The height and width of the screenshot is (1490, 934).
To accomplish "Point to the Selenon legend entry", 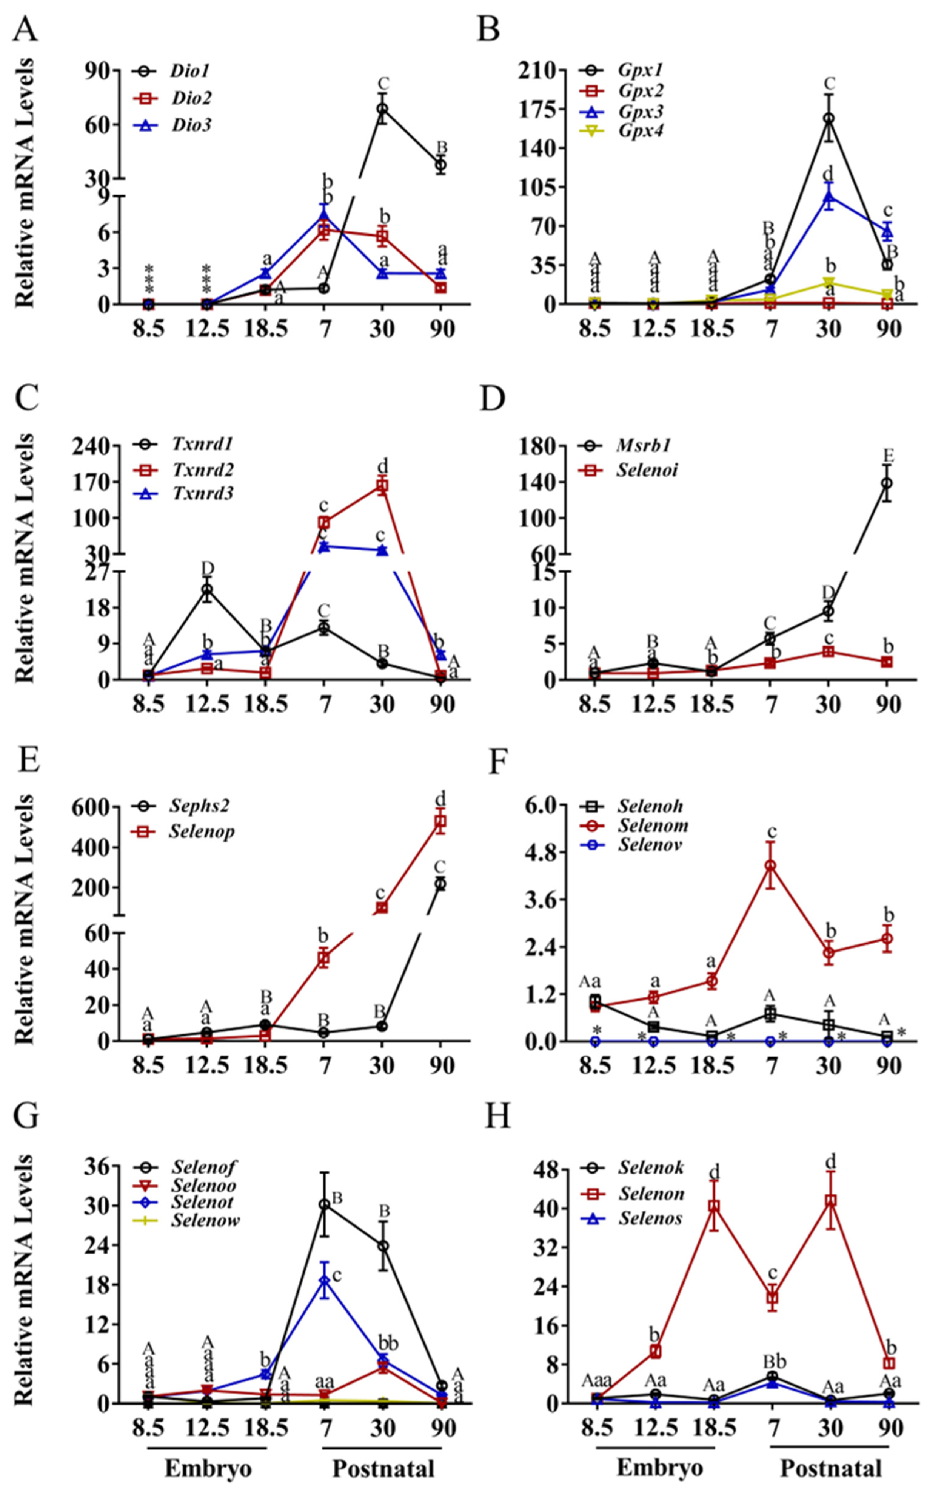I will [x=651, y=1194].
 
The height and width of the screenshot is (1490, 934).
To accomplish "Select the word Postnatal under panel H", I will [x=831, y=1468].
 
